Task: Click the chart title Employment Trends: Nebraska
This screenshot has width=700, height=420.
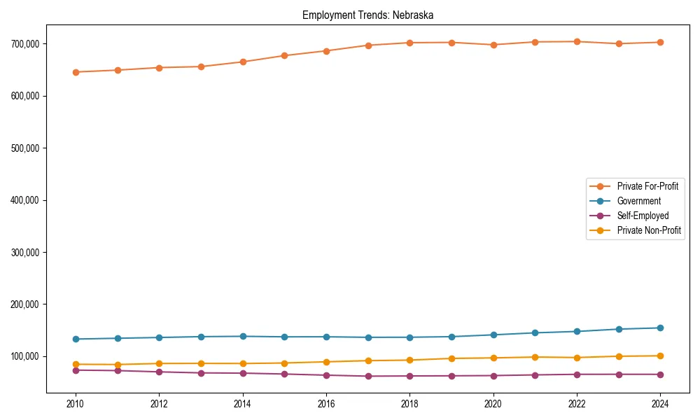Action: click(367, 15)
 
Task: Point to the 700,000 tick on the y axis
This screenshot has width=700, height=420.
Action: click(26, 44)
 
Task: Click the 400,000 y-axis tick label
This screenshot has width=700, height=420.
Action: click(26, 200)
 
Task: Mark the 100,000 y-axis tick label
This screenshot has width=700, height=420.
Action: click(26, 357)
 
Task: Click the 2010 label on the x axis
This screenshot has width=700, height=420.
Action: click(76, 404)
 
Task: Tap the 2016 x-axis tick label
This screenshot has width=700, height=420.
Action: click(326, 404)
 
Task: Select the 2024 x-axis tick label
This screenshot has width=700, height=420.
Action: click(660, 404)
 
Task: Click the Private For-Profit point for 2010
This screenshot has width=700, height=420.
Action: click(76, 72)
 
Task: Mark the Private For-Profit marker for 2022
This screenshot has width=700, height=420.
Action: click(577, 41)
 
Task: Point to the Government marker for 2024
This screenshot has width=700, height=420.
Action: click(660, 328)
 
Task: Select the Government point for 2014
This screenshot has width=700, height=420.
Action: click(243, 336)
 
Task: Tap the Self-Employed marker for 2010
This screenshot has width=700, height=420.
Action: click(76, 370)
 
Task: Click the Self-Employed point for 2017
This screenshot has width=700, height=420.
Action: click(368, 376)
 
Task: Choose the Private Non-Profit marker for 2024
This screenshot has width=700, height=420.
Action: click(660, 356)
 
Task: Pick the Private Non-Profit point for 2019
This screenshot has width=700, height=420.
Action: click(451, 358)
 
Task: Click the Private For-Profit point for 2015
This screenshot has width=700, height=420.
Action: click(284, 55)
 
